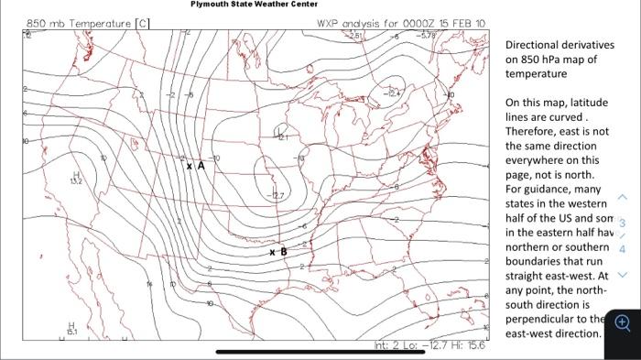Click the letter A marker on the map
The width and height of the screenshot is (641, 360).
(200, 164)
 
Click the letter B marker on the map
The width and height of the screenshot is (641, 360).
(283, 250)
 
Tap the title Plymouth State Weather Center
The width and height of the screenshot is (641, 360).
(254, 5)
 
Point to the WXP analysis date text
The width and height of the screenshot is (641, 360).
(401, 23)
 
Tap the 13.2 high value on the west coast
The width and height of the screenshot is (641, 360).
(78, 180)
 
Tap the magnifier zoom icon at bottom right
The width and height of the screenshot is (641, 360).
(623, 322)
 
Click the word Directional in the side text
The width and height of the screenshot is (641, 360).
(533, 45)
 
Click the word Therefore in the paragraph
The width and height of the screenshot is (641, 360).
(534, 131)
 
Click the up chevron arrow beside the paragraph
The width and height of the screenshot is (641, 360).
(624, 197)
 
